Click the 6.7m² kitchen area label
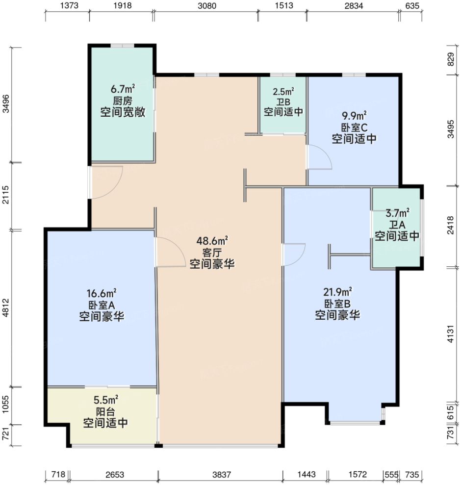pos(123,89)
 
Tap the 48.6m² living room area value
pos(212,241)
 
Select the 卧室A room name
pos(101,305)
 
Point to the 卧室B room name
pos(337,303)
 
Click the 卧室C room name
pos(354,128)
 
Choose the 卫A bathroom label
pos(397,225)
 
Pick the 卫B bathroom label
pos(283,102)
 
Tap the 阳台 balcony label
pos(105,411)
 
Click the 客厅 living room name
pos(212,253)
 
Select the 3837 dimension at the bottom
pos(220,475)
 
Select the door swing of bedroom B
pos(294,254)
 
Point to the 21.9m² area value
pos(337,291)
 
